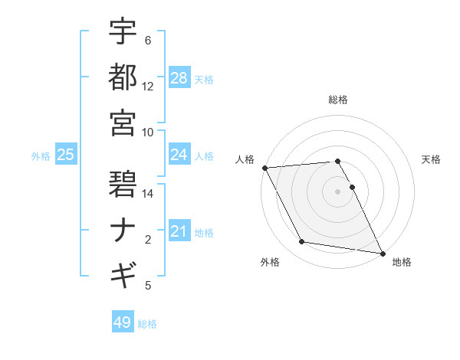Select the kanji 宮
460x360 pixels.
tap(123, 122)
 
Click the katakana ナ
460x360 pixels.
tap(123, 229)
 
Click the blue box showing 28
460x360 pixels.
tap(179, 78)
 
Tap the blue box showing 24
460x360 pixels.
tap(179, 155)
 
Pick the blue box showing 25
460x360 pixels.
tap(66, 155)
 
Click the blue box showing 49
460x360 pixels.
tap(123, 322)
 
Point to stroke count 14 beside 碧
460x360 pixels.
tap(148, 194)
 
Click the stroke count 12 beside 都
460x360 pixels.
tap(148, 87)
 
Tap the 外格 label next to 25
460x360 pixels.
tap(41, 155)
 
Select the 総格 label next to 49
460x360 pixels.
tap(147, 323)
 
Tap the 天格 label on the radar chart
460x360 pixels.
tap(431, 159)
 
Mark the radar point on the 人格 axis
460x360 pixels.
tap(264, 167)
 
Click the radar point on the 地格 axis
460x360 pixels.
tap(382, 253)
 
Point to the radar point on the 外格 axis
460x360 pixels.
tap(302, 242)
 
